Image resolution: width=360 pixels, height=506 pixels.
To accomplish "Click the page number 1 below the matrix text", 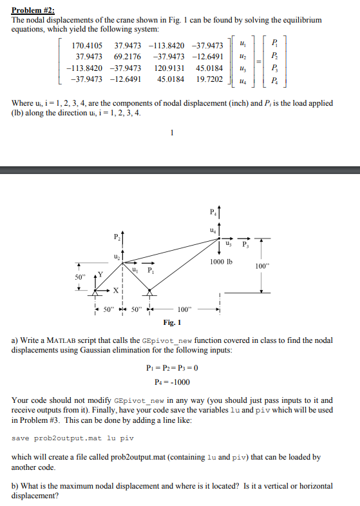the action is point(171,134).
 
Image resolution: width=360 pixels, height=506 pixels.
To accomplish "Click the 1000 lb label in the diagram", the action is point(221,261).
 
